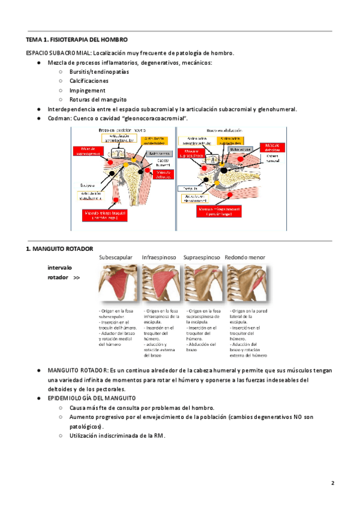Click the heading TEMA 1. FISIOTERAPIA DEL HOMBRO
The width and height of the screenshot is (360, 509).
(77, 40)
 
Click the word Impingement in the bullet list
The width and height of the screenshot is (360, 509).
(88, 90)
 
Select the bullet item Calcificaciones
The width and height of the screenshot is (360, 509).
(89, 80)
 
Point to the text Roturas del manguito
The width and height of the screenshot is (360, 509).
(98, 99)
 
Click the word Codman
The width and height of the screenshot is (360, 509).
(60, 118)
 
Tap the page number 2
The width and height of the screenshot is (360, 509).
(332, 483)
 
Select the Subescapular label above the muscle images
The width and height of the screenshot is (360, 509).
(116, 258)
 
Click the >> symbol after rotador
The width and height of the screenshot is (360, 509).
(76, 278)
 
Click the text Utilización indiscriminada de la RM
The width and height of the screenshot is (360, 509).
(117, 436)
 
